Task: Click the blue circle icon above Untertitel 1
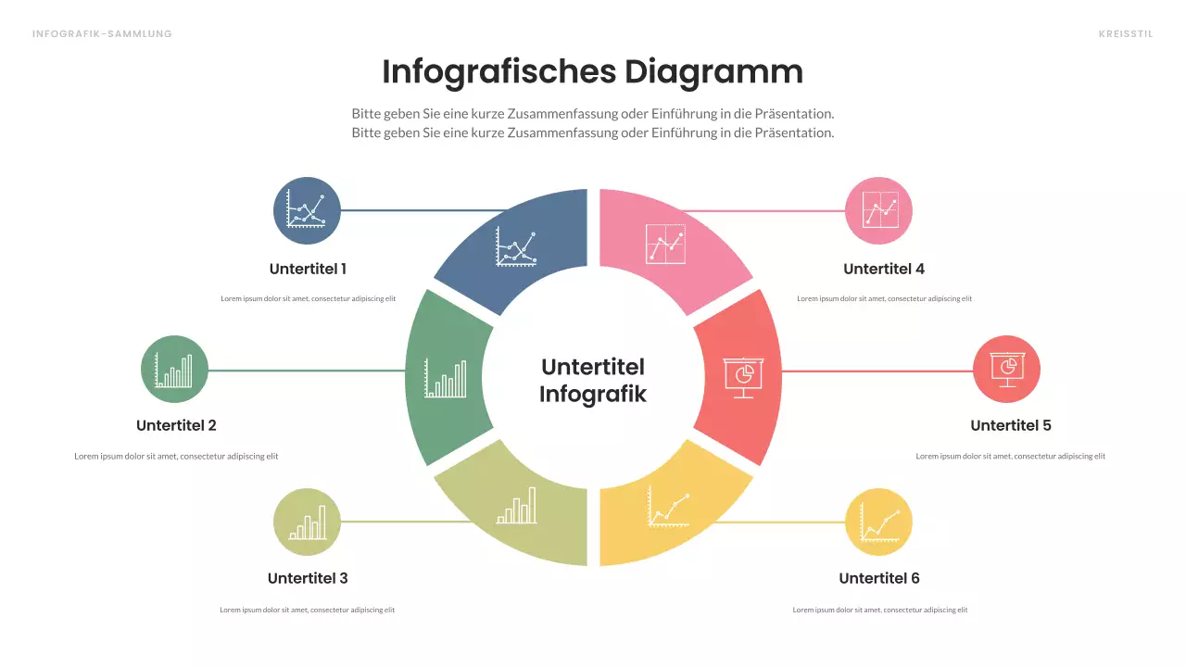(307, 210)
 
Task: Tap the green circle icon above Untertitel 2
(174, 369)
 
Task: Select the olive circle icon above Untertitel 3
(307, 522)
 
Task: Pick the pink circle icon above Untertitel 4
(878, 210)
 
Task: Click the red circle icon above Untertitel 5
(1006, 369)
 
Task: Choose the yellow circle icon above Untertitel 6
(878, 522)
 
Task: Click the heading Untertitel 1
(308, 269)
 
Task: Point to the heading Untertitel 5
(1010, 425)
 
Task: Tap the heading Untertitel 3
(308, 578)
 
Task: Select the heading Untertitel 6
(878, 578)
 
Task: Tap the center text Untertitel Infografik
(592, 380)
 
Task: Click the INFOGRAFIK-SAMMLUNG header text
(102, 34)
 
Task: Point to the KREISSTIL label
(1125, 34)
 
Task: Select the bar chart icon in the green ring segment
(446, 378)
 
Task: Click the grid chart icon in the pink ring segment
(665, 244)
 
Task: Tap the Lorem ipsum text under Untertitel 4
(884, 298)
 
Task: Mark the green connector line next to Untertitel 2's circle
(306, 371)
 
